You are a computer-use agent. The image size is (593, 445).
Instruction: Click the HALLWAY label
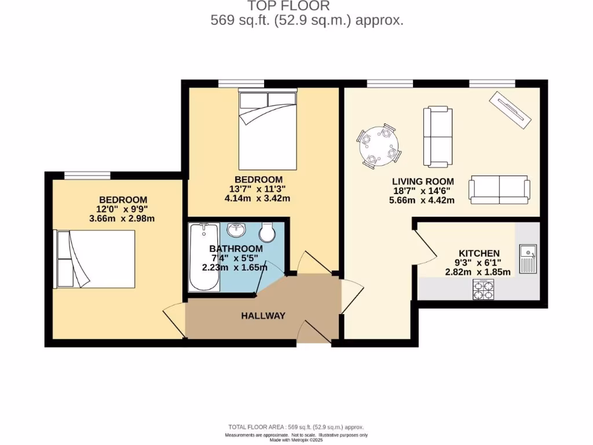[x=263, y=316]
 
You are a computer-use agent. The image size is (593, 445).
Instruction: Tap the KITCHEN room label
[x=479, y=253]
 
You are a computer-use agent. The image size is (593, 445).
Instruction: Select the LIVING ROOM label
[x=423, y=181]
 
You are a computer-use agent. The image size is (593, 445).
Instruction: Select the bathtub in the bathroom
[x=204, y=258]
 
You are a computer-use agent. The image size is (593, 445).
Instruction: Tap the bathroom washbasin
[x=238, y=230]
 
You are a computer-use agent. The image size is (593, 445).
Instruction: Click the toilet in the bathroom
[x=268, y=232]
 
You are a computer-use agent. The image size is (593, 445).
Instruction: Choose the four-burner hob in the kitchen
[x=484, y=289]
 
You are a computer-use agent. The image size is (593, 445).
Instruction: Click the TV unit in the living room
[x=510, y=110]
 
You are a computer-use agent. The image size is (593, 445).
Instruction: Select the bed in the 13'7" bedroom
[x=268, y=125]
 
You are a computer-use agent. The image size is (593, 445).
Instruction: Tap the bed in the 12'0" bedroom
[x=95, y=258]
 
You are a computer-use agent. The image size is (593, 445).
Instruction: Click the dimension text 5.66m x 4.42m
[x=423, y=200]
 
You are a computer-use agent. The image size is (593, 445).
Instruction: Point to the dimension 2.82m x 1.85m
[x=478, y=272]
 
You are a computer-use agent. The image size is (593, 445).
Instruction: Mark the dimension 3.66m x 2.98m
[x=122, y=218]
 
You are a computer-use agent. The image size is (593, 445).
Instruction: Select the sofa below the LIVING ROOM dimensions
[x=499, y=189]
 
